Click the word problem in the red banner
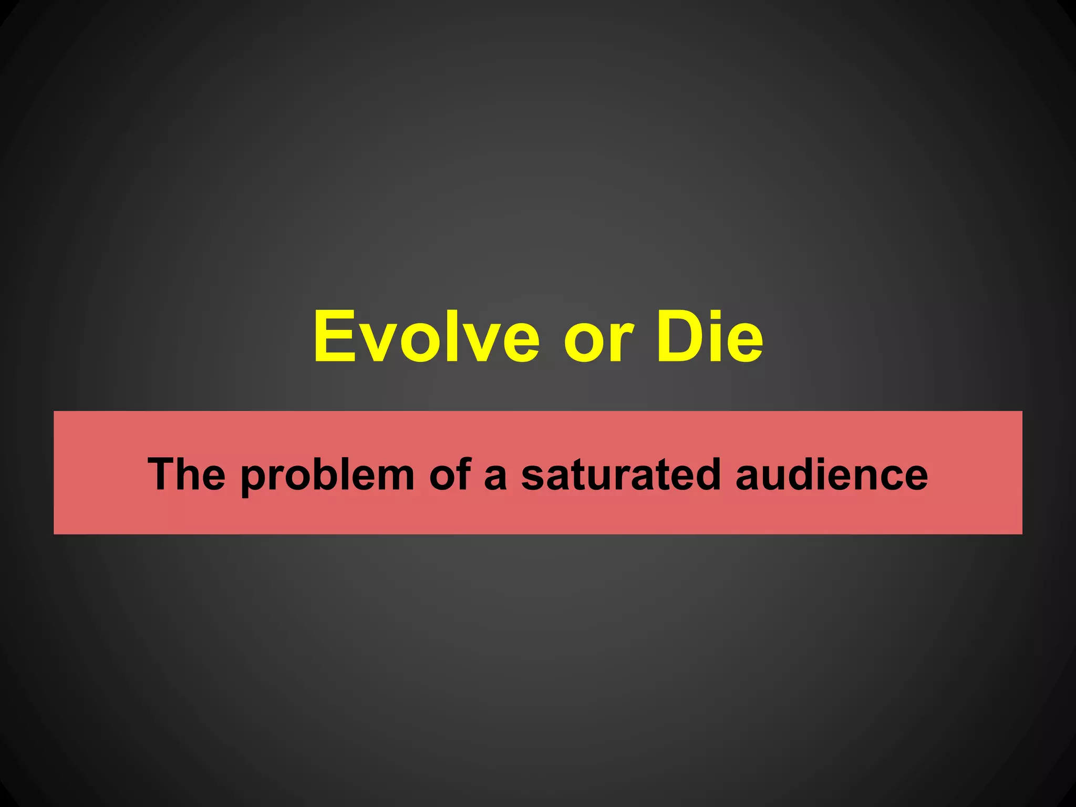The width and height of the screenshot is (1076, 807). tap(327, 475)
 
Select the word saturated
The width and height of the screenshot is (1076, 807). tap(620, 474)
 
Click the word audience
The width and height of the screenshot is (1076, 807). tap(831, 474)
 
